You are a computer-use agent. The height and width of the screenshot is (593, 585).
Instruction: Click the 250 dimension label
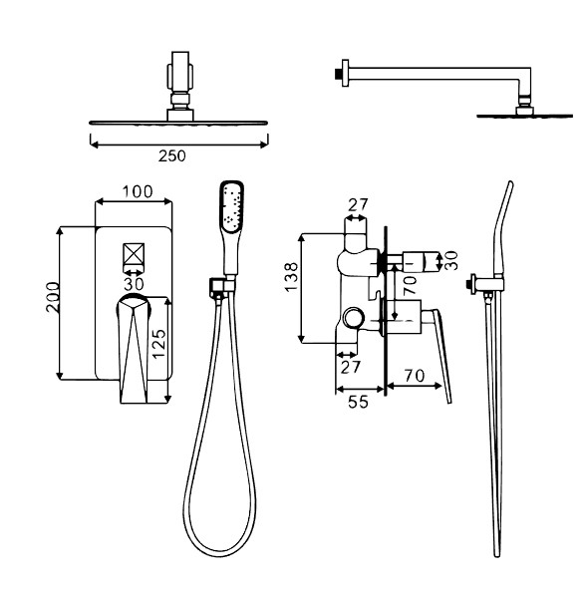172,155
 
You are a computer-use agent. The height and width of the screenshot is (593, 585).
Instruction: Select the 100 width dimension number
138,191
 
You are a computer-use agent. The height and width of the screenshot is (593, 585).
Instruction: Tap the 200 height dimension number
53,297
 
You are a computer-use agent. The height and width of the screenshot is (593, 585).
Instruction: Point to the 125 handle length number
158,344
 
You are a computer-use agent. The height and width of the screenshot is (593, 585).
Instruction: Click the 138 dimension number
291,277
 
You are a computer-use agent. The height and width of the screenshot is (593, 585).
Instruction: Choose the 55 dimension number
358,402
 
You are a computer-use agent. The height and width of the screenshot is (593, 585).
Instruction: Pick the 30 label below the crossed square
134,284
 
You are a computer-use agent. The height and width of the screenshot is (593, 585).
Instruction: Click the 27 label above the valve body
358,204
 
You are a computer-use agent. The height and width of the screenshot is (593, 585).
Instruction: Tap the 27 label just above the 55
351,367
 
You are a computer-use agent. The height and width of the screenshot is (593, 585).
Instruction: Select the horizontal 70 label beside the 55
415,376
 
